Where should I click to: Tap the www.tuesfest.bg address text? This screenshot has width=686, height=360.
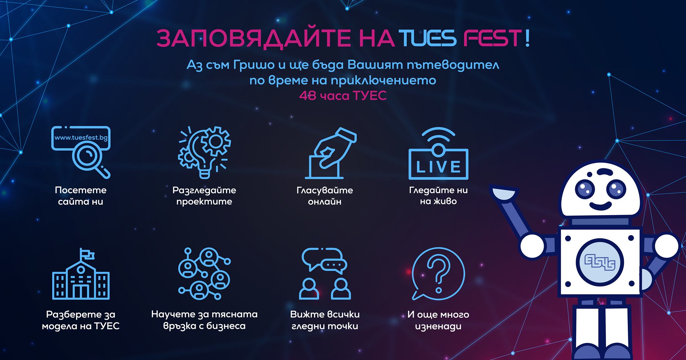point(81,138)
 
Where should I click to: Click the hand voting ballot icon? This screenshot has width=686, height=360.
point(330,153)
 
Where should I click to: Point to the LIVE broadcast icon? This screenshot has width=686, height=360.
point(438,153)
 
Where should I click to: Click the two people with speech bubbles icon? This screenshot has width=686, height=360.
point(325,274)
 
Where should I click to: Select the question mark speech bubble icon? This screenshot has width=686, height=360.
point(438,274)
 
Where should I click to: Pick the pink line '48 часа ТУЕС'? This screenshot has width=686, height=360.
point(343,96)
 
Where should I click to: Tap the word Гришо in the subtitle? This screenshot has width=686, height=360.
point(252,65)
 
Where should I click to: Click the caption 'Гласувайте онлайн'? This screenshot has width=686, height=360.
point(325,196)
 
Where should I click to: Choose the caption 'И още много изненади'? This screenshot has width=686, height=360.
point(438,320)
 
